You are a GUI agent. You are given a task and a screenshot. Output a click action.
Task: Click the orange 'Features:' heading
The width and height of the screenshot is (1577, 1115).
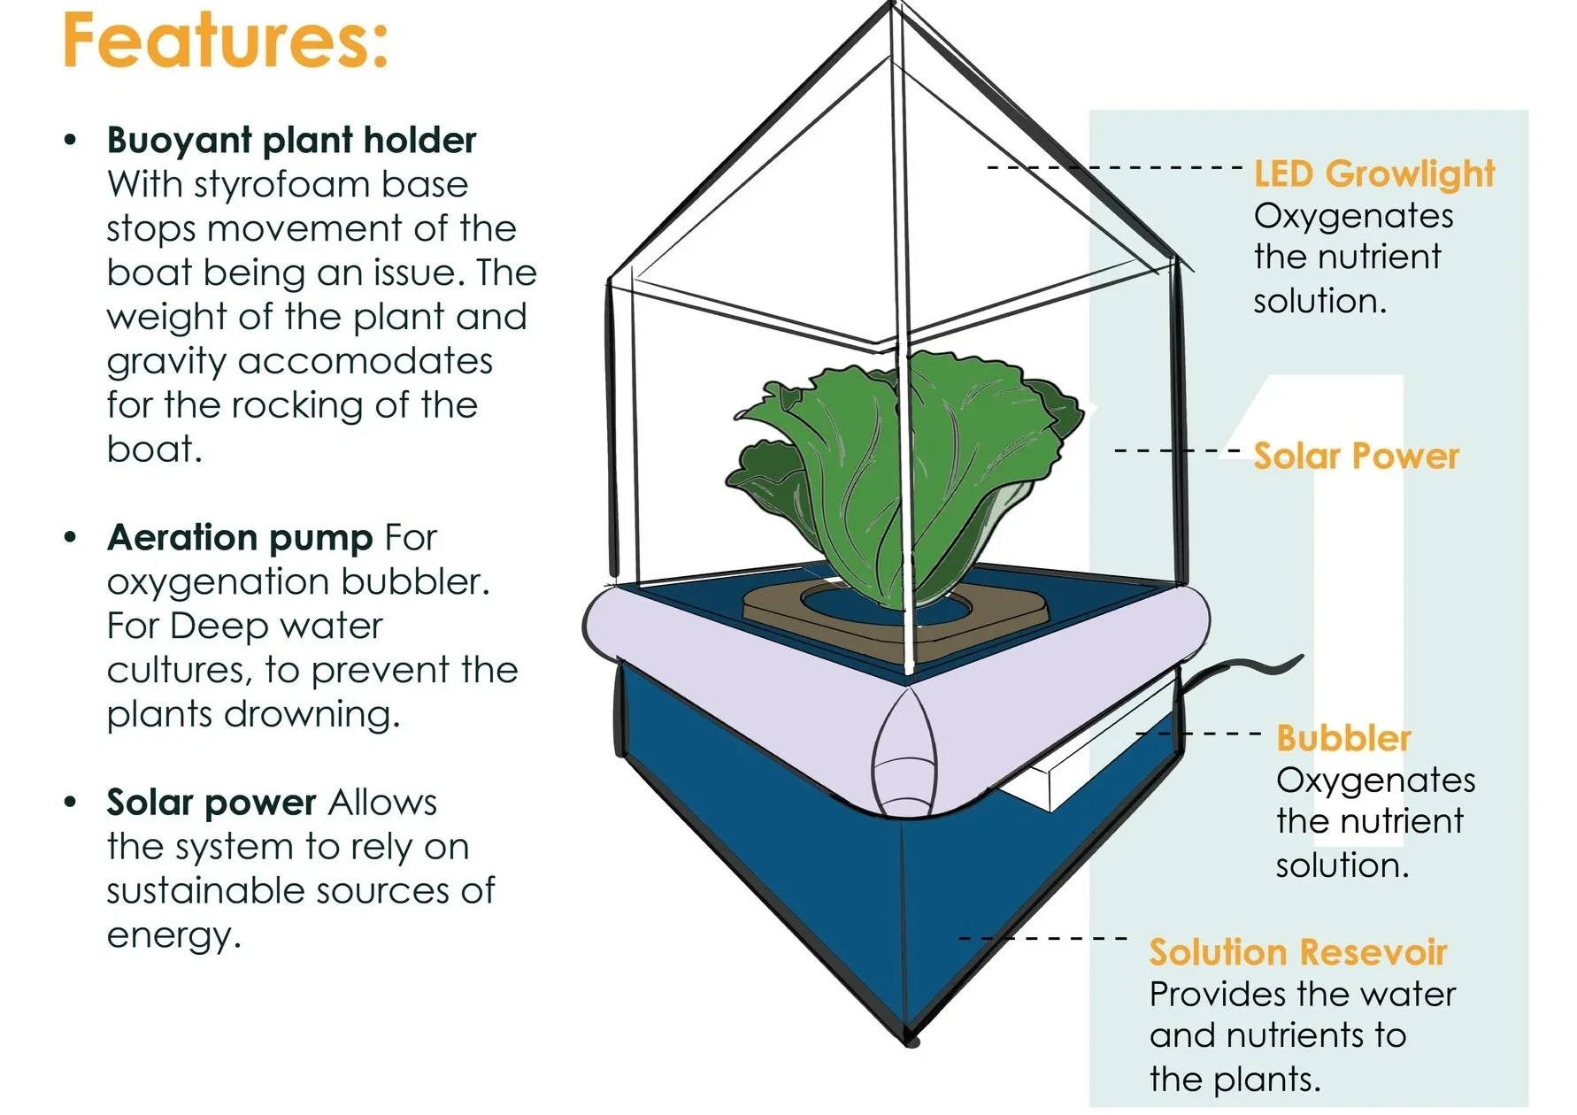click(225, 41)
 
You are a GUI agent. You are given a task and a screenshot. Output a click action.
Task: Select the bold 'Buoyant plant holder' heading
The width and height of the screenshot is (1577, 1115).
click(291, 141)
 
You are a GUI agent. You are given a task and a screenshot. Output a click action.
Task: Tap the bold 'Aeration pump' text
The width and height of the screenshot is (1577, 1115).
click(239, 538)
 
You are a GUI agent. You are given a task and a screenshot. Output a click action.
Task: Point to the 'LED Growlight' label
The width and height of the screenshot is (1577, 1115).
click(1373, 174)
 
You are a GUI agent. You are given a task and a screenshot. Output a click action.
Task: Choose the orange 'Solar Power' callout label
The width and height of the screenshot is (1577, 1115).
click(1356, 456)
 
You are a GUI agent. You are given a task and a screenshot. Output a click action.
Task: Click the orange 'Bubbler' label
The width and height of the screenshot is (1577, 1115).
click(1342, 738)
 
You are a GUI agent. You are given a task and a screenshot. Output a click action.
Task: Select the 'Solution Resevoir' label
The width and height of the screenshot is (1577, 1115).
click(1297, 952)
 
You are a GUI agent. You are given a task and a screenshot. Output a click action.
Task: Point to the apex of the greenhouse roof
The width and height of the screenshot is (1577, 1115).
click(894, 7)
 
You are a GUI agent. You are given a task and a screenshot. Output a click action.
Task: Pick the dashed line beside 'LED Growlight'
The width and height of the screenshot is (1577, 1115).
click(1115, 167)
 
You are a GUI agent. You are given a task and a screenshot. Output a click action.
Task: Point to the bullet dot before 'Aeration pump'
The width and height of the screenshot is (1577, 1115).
click(71, 538)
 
